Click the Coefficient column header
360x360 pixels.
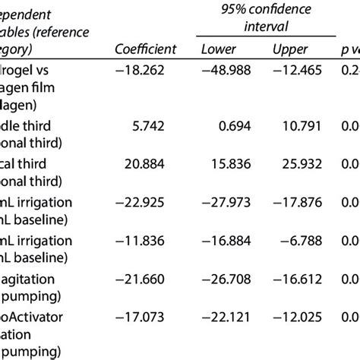(145, 49)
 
